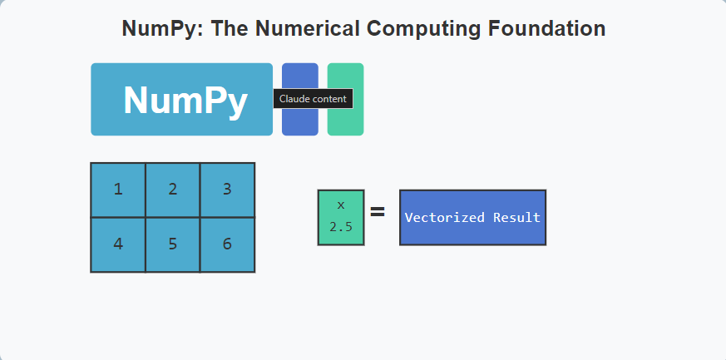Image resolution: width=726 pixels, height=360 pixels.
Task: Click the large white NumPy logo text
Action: tap(185, 101)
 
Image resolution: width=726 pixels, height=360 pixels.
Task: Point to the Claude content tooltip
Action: tap(313, 99)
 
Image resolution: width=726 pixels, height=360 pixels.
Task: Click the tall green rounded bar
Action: tap(345, 100)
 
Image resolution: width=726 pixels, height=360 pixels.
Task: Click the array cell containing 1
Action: tap(118, 190)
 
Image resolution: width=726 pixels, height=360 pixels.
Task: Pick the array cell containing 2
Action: tap(173, 190)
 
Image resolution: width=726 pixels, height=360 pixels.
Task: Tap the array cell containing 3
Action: tap(227, 190)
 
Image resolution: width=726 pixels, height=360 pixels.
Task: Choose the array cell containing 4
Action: tap(118, 244)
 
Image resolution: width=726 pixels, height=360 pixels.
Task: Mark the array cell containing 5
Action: tap(173, 244)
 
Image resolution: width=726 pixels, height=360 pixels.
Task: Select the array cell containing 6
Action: tap(227, 244)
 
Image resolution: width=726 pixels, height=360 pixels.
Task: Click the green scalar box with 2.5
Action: tap(341, 218)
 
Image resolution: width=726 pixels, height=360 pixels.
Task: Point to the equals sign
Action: tap(378, 212)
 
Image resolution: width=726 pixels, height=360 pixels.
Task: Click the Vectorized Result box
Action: tap(472, 218)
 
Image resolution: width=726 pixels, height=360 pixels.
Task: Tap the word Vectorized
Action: tap(445, 218)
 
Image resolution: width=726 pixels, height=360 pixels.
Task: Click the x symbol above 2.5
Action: tap(341, 206)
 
